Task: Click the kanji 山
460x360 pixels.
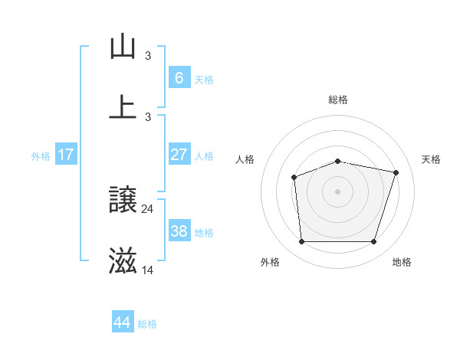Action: pos(123,47)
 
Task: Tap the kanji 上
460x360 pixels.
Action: pos(123,108)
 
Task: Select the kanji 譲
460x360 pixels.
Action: pos(123,201)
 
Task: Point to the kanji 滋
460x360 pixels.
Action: pos(123,262)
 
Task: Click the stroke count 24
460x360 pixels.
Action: pos(148,208)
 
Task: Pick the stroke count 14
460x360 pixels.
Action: pos(148,270)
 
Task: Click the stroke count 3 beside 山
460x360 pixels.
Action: pos(148,55)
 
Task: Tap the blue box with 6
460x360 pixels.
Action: pos(179,78)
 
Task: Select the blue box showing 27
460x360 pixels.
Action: pos(179,155)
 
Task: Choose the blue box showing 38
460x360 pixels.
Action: pos(179,231)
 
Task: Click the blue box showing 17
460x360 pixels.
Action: pos(66,155)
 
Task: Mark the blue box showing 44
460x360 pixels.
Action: pos(123,322)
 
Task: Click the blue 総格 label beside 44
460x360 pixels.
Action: pos(147,324)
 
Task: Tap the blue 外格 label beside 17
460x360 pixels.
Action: pos(41,156)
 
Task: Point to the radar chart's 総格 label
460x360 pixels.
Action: pos(338,100)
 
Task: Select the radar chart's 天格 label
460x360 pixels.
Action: pos(431,159)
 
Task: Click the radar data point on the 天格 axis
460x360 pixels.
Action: pos(396,172)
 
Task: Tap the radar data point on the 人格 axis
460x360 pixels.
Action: pos(294,178)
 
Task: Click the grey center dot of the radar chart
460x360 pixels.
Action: pos(338,191)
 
